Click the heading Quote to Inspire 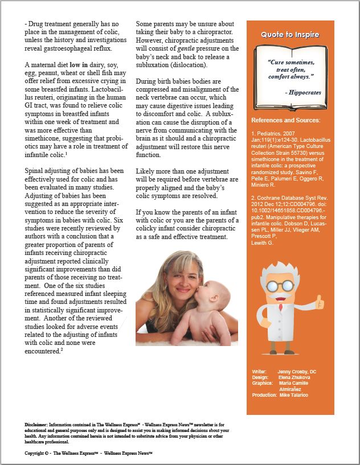coord(290,35)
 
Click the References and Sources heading coord(286,120)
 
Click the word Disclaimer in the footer coord(36,425)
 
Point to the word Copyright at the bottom coord(35,453)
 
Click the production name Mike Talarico coord(293,395)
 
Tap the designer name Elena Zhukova coord(294,377)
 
